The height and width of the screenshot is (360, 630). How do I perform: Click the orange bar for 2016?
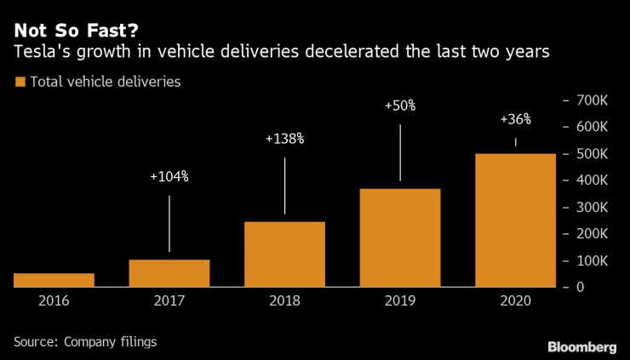[54, 280]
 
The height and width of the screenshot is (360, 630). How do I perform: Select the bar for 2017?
[169, 273]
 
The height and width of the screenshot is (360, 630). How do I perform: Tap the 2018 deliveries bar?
[284, 254]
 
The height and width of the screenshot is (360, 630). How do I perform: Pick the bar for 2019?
[400, 237]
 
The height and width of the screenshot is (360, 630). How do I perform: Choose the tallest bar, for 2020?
[515, 220]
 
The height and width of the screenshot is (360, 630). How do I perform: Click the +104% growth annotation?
[169, 177]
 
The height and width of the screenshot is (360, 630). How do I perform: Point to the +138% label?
[284, 138]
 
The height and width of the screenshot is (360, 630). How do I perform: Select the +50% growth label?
[400, 106]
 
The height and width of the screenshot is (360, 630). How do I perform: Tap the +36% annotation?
[515, 119]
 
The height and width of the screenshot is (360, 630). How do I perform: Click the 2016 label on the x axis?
[54, 300]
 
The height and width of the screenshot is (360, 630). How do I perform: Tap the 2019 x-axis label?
[400, 300]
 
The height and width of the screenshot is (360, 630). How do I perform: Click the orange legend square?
[20, 83]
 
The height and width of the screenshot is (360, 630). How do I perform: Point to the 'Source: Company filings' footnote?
[86, 341]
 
